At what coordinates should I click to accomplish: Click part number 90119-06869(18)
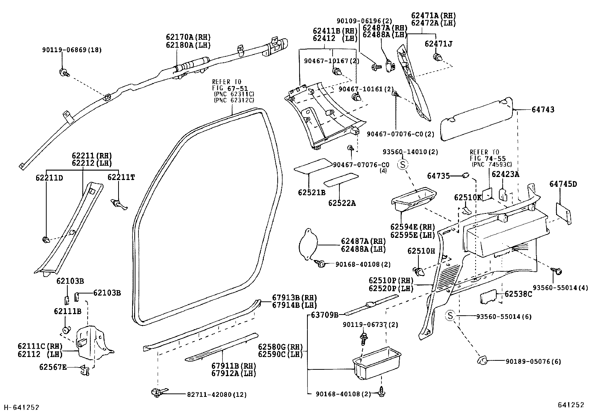click(71, 50)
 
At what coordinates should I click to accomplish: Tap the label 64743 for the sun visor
click(543, 110)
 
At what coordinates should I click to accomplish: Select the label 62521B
click(311, 192)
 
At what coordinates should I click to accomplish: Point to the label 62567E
click(53, 367)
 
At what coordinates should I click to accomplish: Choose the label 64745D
click(563, 184)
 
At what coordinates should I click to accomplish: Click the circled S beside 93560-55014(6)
click(450, 316)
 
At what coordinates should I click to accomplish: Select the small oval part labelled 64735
click(465, 175)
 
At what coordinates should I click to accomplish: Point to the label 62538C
click(518, 294)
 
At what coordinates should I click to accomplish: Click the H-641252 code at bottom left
click(21, 407)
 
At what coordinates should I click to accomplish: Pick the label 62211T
click(121, 177)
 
